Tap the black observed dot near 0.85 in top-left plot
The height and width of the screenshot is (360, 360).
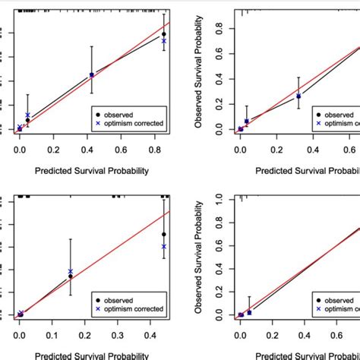coord(164,35)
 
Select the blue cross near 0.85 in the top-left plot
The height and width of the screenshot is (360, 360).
coord(164,41)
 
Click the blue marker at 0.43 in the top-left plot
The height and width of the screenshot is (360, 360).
coord(92,75)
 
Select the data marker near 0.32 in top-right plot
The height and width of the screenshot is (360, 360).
coord(298,96)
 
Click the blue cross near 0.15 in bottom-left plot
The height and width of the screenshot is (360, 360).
coord(71,271)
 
